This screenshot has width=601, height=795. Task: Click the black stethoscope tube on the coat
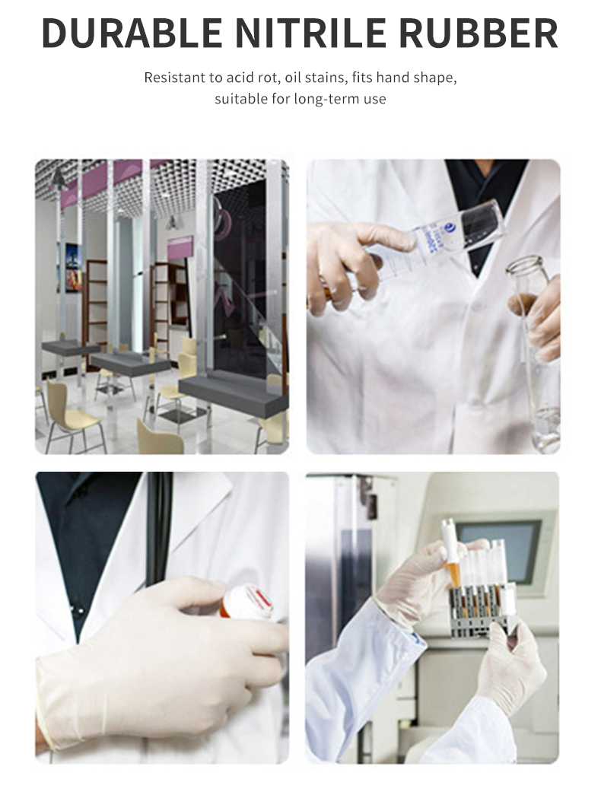pos(159,533)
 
